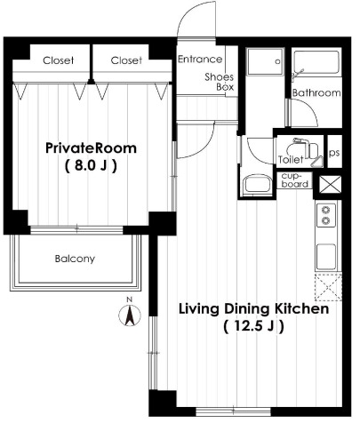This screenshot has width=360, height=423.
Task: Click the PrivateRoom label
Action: [91, 148]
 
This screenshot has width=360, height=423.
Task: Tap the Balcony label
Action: [75, 259]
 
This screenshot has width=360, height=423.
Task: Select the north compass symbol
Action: [130, 315]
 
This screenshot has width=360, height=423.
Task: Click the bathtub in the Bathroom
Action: [316, 62]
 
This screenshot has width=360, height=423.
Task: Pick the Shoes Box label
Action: [220, 82]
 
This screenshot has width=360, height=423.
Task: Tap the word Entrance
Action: [200, 60]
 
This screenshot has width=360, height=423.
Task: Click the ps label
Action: [334, 153]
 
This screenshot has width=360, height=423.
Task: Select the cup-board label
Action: [294, 180]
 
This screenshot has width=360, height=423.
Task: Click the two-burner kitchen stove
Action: [326, 215]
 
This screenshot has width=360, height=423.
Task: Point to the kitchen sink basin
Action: [326, 257]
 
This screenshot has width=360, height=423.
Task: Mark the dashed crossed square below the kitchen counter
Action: [328, 287]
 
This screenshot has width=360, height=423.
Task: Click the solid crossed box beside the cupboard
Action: [331, 184]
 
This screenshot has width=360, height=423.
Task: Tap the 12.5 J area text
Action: [253, 326]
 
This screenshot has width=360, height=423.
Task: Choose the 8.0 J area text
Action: [91, 165]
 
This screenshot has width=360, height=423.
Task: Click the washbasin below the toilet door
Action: [257, 184]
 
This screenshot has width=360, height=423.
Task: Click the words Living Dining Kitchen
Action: [253, 309]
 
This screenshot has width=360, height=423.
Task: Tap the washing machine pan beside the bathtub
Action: [265, 61]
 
